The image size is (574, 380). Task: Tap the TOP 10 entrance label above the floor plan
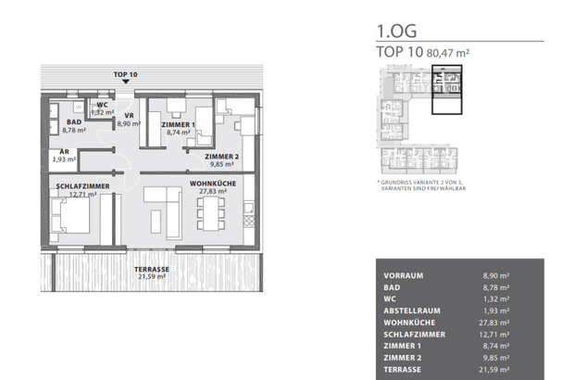(125, 73)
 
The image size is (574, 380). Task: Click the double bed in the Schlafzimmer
(71, 219)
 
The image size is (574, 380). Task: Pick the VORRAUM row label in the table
(404, 274)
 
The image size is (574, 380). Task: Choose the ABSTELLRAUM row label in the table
(411, 304)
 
